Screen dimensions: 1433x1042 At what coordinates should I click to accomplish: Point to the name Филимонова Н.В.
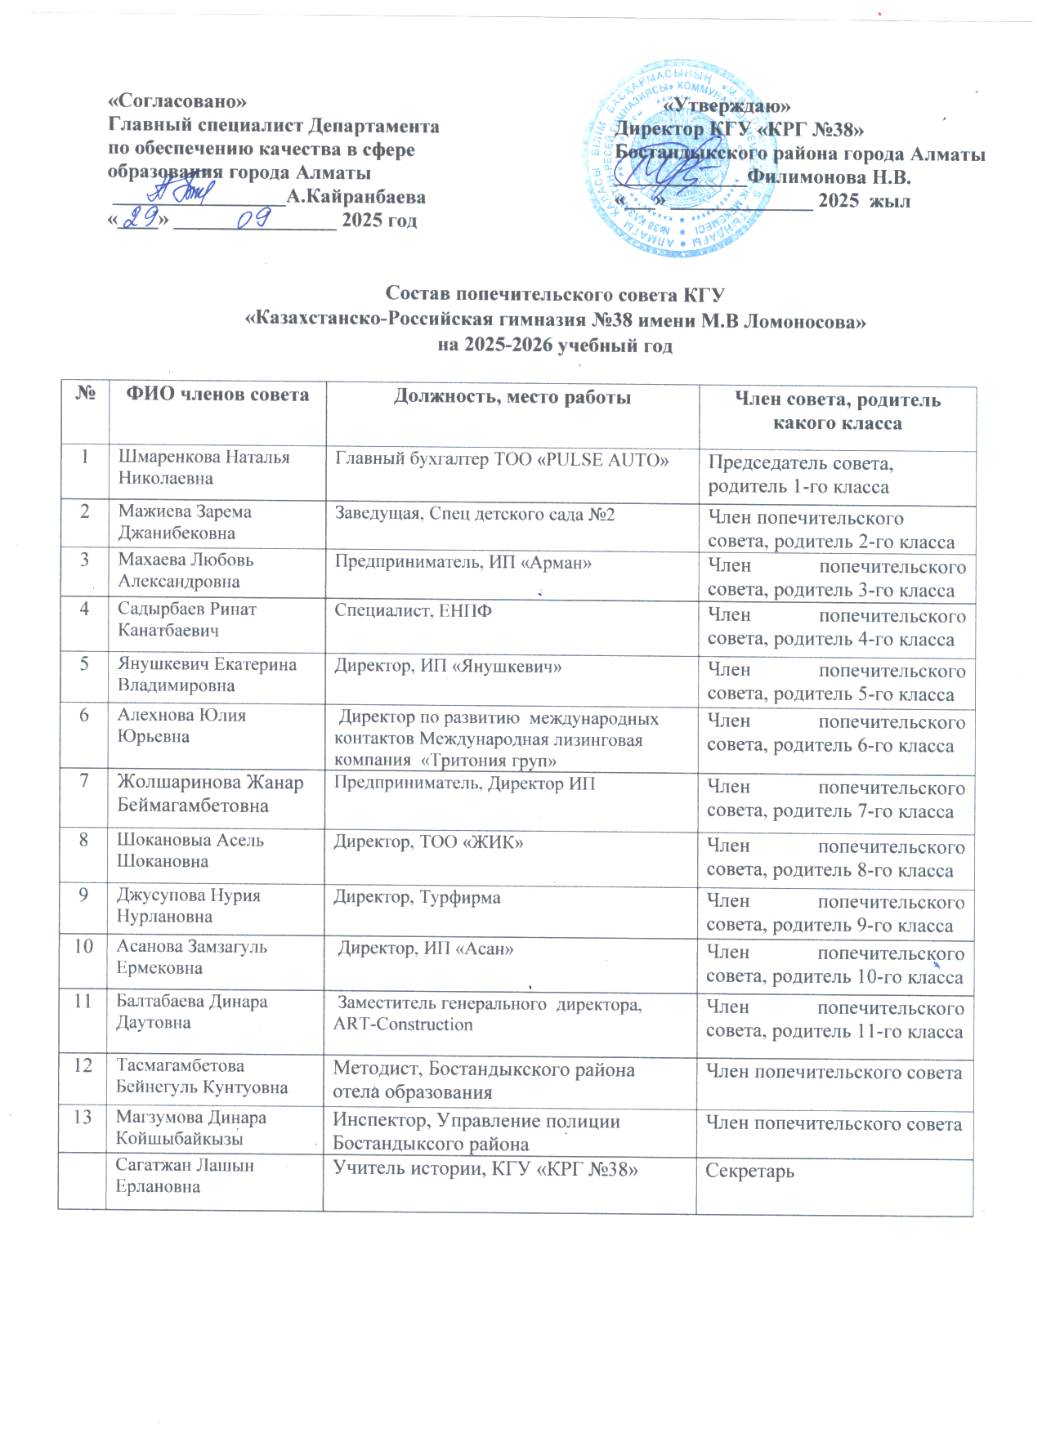pos(829,176)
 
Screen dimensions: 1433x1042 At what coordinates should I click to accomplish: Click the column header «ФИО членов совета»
pos(217,395)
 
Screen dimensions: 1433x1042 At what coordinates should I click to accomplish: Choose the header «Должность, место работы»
pos(512,398)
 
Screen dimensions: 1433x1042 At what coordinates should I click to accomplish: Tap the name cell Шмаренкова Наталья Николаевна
pos(204,467)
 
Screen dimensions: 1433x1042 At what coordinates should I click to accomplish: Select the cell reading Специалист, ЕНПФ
pos(413,610)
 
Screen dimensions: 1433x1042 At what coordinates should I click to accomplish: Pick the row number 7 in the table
pos(83,781)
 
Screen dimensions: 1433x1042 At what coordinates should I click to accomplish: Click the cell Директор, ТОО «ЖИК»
pos(428,841)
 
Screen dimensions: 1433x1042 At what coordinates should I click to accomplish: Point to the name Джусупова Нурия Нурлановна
pos(189,905)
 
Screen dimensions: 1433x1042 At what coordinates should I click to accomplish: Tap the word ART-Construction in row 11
pos(403,1025)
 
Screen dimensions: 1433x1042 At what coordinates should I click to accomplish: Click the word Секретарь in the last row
pos(749,1172)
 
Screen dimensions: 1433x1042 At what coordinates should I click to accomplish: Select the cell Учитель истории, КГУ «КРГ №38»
pos(485,1169)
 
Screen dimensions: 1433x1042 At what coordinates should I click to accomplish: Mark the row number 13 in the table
pos(83,1117)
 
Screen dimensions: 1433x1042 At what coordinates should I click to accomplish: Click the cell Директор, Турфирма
pos(417,897)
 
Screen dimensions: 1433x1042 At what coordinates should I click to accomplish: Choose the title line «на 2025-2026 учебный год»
pos(555,346)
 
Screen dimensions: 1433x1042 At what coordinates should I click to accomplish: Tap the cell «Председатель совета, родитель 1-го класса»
pos(801,475)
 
